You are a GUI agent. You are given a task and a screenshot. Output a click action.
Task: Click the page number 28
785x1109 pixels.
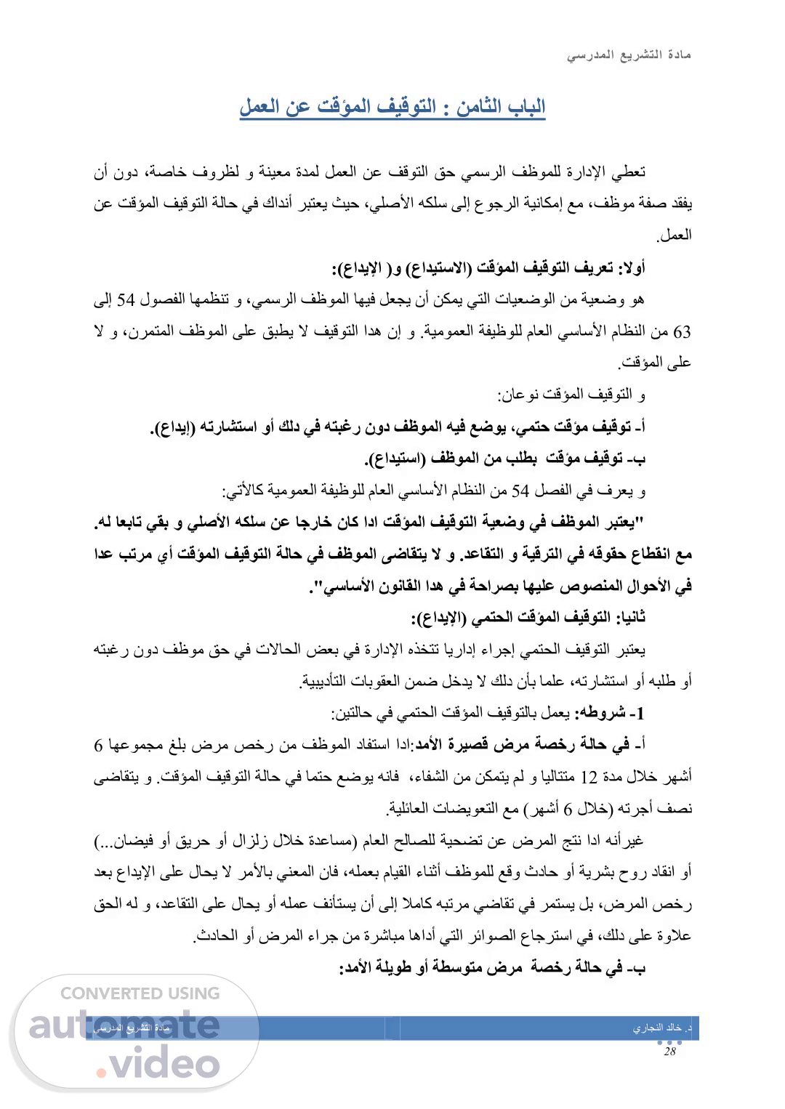coord(669,1052)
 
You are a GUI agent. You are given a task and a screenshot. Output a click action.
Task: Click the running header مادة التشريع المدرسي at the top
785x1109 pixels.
coord(629,56)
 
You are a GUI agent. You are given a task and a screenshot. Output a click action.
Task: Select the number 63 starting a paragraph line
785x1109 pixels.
coord(683,333)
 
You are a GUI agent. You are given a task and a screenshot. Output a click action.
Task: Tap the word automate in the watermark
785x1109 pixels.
coord(124,1024)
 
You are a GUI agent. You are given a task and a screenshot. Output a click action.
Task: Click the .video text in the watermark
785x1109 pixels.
coord(157,1064)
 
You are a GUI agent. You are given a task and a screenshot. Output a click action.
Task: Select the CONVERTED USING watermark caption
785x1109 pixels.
coord(140,993)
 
